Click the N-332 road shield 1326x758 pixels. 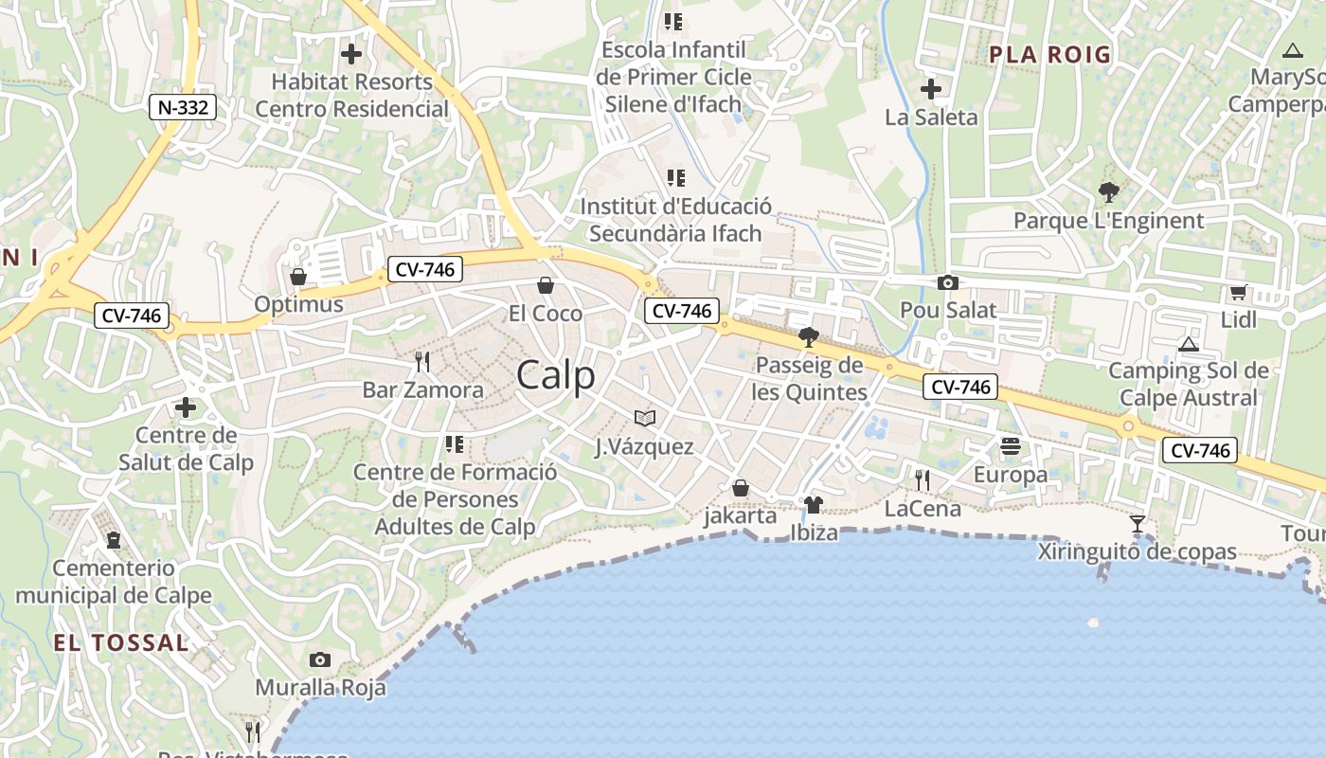click(183, 107)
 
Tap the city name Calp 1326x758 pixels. click(556, 375)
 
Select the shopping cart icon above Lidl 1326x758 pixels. click(1238, 293)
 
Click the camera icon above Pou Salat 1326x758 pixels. click(947, 282)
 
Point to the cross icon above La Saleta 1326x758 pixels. click(931, 89)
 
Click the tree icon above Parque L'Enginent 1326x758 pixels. click(1108, 192)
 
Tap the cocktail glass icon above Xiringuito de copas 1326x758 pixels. click(1138, 523)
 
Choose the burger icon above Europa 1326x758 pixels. click(1011, 445)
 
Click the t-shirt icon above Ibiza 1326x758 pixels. click(814, 504)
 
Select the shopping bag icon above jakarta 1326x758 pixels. click(741, 488)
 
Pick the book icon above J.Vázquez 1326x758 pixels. click(644, 418)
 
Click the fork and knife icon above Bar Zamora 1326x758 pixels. click(422, 361)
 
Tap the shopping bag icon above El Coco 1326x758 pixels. click(546, 284)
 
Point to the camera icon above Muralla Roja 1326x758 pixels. click(320, 659)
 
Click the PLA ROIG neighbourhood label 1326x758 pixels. click(1049, 55)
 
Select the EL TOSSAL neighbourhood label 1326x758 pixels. click(120, 642)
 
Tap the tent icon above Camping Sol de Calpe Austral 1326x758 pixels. click(1189, 343)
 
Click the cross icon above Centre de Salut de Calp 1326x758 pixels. click(186, 407)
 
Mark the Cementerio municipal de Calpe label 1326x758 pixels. click(114, 582)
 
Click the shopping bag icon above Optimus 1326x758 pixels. click(298, 276)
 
